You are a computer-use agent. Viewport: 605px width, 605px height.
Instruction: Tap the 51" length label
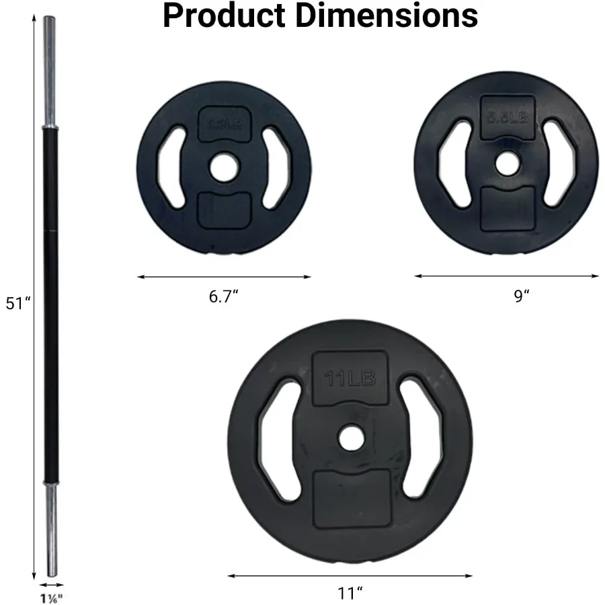point(18,303)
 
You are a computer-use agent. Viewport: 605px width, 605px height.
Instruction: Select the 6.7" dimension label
point(224,297)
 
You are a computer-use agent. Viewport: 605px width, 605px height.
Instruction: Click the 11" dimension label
point(350,594)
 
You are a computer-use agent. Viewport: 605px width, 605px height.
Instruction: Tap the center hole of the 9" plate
point(508,162)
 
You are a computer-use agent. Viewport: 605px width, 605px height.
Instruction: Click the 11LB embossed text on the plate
point(350,378)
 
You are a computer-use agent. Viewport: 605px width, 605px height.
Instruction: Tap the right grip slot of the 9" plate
point(560,162)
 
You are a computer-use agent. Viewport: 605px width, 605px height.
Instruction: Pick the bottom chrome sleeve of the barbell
point(50,528)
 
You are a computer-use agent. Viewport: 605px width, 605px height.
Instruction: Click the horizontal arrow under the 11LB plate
point(350,575)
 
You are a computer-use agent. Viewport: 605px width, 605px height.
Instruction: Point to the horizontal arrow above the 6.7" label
point(224,276)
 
